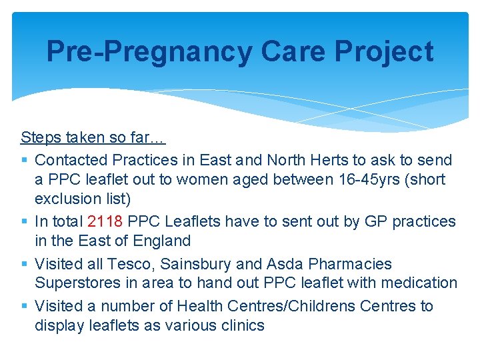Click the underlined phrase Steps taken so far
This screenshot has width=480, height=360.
(x=93, y=138)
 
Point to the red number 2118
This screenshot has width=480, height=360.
(x=105, y=221)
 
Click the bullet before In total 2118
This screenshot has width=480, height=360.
(x=25, y=221)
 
